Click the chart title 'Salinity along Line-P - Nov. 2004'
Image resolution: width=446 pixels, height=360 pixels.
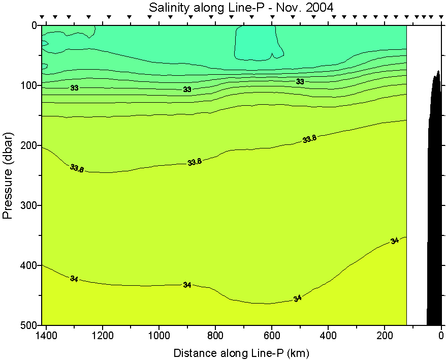pyautogui.click(x=241, y=7)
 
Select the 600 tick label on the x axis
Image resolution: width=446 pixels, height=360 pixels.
pyautogui.click(x=272, y=336)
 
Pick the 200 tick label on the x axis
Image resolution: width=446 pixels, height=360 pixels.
pyautogui.click(x=385, y=336)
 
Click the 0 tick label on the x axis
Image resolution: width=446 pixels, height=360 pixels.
pyautogui.click(x=441, y=336)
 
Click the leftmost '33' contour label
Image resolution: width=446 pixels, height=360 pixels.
pyautogui.click(x=75, y=88)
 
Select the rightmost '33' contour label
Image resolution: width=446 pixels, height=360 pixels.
pyautogui.click(x=300, y=81)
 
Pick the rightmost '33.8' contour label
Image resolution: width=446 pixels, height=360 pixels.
pyautogui.click(x=309, y=139)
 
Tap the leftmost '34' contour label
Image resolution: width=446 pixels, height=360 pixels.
pyautogui.click(x=74, y=278)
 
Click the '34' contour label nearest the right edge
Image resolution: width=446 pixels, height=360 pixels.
pyautogui.click(x=395, y=241)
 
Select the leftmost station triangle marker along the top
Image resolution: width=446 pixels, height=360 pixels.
pyautogui.click(x=43, y=17)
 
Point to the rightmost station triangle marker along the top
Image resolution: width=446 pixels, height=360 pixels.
pyautogui.click(x=439, y=17)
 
